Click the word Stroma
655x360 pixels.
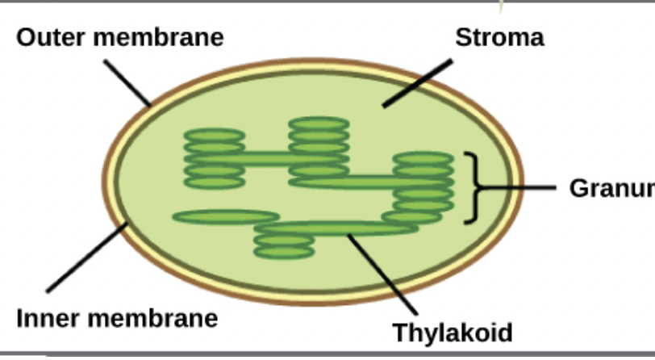tap(499, 37)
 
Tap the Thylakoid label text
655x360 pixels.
tap(452, 333)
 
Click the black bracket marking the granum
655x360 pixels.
tap(474, 187)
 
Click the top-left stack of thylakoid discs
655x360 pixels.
tap(214, 158)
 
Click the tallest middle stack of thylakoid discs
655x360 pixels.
tap(319, 148)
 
